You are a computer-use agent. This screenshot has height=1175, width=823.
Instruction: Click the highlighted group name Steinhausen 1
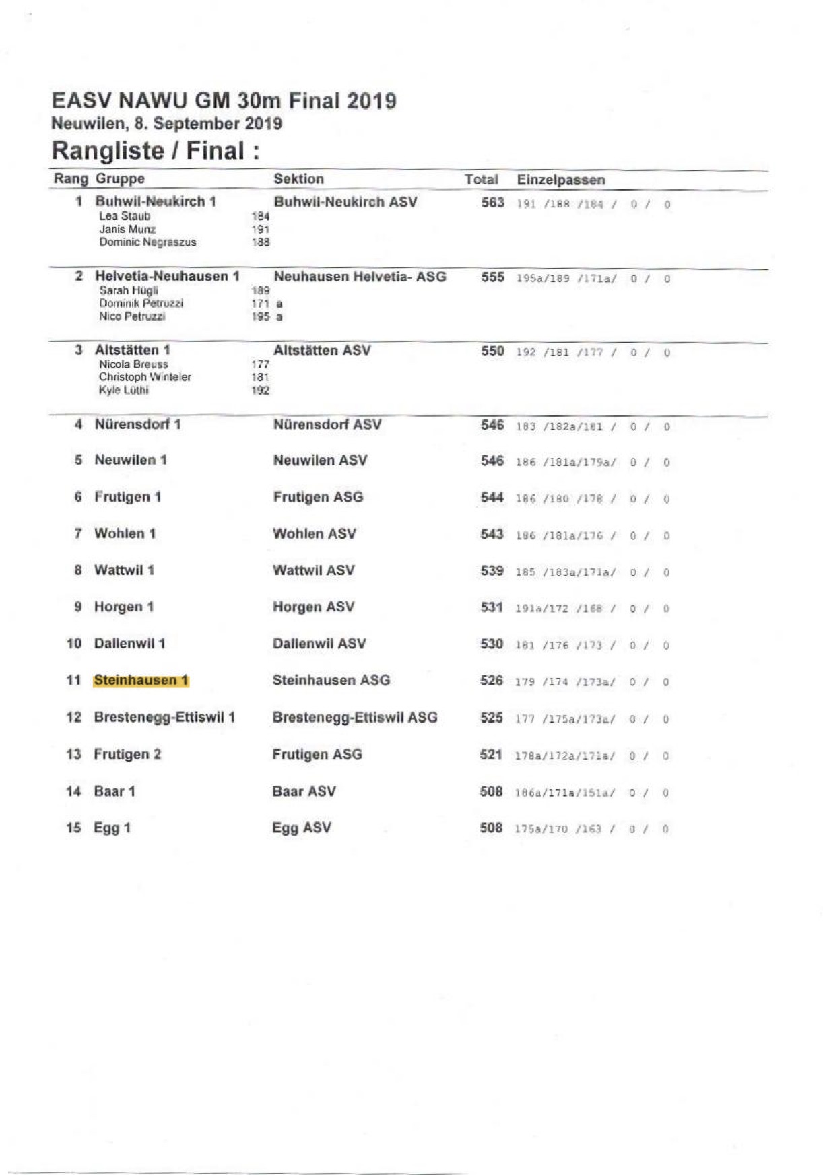coord(141,680)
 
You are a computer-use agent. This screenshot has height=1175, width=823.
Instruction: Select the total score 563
coord(492,203)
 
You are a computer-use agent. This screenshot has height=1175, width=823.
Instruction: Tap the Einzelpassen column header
coord(560,180)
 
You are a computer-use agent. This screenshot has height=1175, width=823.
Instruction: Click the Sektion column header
coord(298,179)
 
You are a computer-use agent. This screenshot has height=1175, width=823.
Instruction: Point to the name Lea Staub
coord(125,216)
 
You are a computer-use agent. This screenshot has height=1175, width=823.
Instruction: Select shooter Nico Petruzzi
coord(132,316)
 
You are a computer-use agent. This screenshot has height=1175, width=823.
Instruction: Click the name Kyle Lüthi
coord(123,391)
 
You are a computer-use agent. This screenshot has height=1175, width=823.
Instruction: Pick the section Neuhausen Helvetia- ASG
coord(360,277)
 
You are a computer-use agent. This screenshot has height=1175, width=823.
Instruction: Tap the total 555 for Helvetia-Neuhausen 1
coord(492,277)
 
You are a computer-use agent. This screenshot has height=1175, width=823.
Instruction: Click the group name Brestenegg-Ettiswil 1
coord(164,717)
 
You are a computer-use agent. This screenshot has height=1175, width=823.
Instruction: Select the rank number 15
coord(73,828)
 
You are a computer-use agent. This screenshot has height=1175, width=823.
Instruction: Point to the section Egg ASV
coord(302,828)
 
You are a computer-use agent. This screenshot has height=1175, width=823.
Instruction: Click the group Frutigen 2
coord(127,754)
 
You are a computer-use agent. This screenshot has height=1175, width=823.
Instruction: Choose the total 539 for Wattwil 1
coord(492,571)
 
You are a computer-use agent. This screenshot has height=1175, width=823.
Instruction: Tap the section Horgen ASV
coord(313,607)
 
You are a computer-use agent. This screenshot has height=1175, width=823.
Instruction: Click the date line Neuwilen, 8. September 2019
coord(166,124)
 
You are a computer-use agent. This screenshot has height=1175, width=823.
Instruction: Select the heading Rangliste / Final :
coord(156,151)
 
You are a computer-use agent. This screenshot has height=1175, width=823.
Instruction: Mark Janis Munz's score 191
coord(260,230)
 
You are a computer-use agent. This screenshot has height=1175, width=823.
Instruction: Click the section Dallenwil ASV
coord(319,644)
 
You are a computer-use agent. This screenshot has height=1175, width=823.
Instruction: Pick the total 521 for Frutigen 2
coord(491,755)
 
